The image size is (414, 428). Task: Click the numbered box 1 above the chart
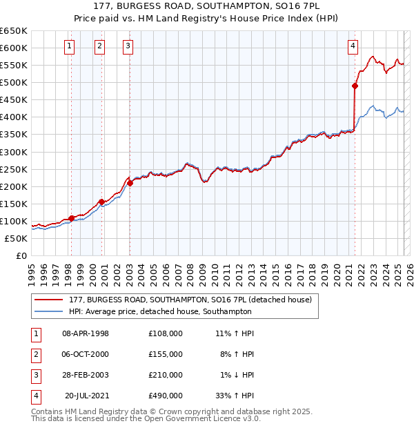70,46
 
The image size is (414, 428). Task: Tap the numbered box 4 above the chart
353,46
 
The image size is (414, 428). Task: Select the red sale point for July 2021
355,86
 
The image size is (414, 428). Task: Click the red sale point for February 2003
130,183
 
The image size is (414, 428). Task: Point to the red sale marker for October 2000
101,202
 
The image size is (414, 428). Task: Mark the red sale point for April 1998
71,218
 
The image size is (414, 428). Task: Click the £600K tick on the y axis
14,48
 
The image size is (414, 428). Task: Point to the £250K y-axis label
14,169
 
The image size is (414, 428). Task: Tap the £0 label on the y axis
21,256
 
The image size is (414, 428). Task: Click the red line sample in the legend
48,300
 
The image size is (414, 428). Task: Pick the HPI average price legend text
160,311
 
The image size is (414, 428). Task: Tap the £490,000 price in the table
166,396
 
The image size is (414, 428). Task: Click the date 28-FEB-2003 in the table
86,375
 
